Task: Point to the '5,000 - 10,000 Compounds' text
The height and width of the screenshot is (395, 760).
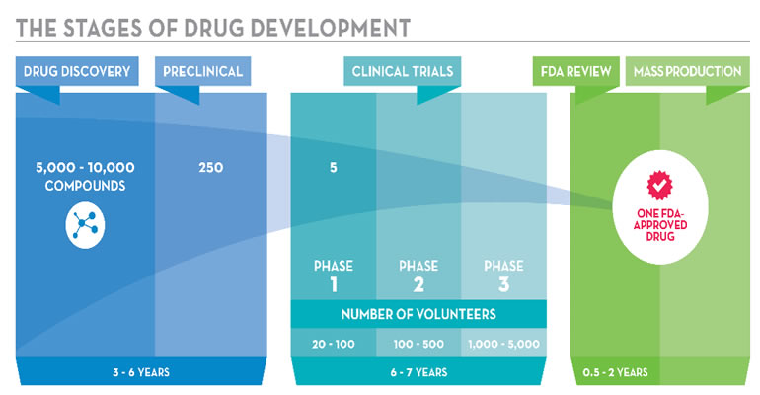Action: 77,177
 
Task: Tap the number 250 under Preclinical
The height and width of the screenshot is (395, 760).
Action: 210,168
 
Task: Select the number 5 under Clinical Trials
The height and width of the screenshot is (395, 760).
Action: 334,168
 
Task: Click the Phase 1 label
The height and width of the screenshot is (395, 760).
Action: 334,276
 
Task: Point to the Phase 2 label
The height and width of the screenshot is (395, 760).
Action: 418,276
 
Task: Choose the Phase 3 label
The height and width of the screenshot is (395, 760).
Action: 503,276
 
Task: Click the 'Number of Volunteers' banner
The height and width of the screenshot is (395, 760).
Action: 418,315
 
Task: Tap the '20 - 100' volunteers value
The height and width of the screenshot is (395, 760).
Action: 334,343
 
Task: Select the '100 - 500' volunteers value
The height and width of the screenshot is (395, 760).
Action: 418,343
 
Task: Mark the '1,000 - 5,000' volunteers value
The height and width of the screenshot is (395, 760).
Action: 503,343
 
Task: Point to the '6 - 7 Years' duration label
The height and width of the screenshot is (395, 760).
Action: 418,372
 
